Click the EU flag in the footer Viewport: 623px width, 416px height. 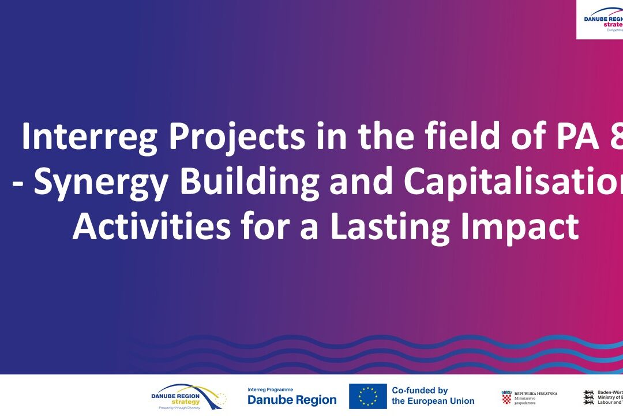click(x=367, y=396)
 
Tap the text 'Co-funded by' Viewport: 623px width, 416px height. click(x=419, y=391)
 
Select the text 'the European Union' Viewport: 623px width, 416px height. click(x=433, y=401)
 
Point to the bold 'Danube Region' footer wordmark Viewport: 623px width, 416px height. click(x=292, y=400)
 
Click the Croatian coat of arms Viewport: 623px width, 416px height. click(x=506, y=398)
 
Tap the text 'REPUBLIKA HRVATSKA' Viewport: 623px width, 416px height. click(x=535, y=393)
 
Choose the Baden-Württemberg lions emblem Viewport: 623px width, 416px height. click(x=589, y=397)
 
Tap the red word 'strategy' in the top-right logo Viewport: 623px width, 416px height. click(x=613, y=25)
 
